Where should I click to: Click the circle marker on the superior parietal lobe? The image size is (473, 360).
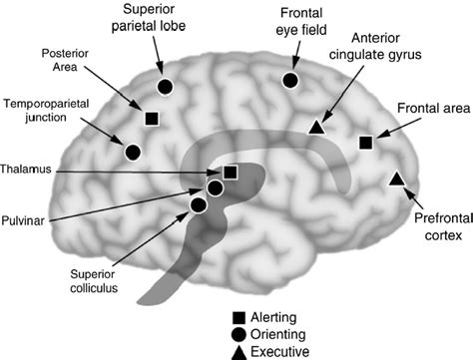click(x=166, y=86)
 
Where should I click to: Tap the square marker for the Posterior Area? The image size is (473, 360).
click(x=152, y=119)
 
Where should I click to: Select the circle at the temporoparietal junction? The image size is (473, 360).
click(x=132, y=152)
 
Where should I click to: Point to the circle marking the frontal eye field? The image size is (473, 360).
click(x=291, y=80)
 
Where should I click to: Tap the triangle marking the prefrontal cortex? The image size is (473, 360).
click(x=395, y=179)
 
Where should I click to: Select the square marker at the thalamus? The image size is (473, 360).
click(x=231, y=172)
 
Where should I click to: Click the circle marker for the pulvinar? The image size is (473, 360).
click(x=215, y=187)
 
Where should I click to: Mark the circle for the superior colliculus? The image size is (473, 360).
click(x=198, y=204)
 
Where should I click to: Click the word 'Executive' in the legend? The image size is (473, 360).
click(x=280, y=351)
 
